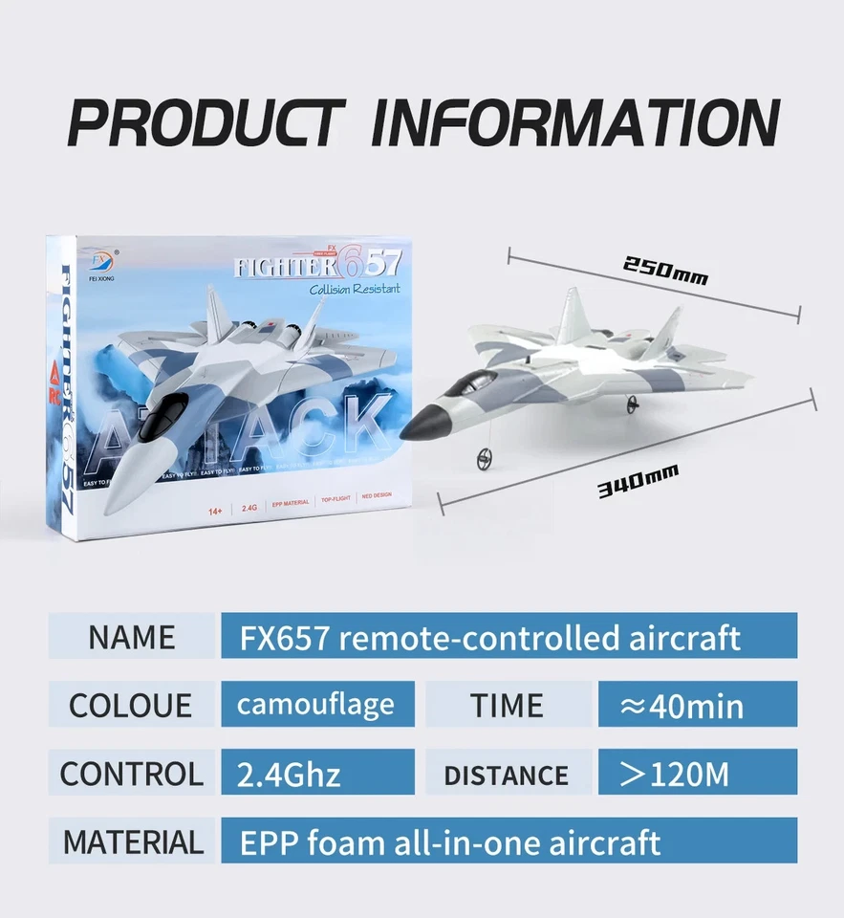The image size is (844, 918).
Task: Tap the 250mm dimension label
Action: pyautogui.click(x=665, y=271)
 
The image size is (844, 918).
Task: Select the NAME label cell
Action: pyautogui.click(x=132, y=637)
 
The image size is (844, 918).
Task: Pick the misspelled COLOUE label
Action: pyautogui.click(x=130, y=706)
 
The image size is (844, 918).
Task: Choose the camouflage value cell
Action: pyautogui.click(x=317, y=705)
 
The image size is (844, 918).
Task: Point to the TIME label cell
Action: pyautogui.click(x=508, y=706)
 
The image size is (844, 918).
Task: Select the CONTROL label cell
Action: pyautogui.click(x=132, y=774)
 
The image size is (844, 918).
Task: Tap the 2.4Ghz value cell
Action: pyautogui.click(x=317, y=774)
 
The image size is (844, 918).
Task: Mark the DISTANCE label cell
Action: pyautogui.click(x=508, y=775)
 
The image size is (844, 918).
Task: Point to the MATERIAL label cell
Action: pyautogui.click(x=133, y=842)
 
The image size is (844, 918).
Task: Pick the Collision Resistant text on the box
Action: pyautogui.click(x=355, y=289)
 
